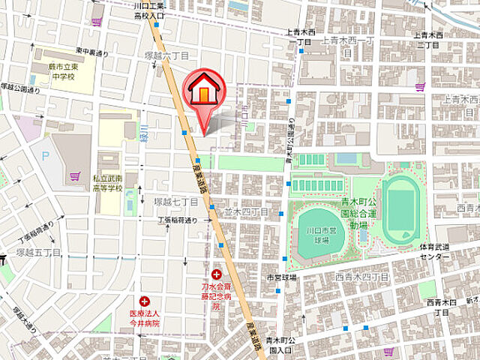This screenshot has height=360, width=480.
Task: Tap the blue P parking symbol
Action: coord(45,157)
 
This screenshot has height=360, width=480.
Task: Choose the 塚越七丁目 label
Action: coord(176,202)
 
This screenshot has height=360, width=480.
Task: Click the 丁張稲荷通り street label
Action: coord(177,220)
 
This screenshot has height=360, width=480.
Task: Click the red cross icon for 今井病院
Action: coord(144,301)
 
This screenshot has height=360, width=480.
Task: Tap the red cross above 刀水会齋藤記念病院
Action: coord(217,275)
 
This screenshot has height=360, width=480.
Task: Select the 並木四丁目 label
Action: coord(246,212)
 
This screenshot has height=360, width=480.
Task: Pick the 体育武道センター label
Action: coord(435,251)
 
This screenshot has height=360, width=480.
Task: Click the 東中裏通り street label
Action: coord(92,52)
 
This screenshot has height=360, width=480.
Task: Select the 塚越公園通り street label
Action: coord(23,89)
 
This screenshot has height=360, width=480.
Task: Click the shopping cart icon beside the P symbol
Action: coord(75,176)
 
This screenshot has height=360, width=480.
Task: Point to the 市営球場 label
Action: coord(283,277)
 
